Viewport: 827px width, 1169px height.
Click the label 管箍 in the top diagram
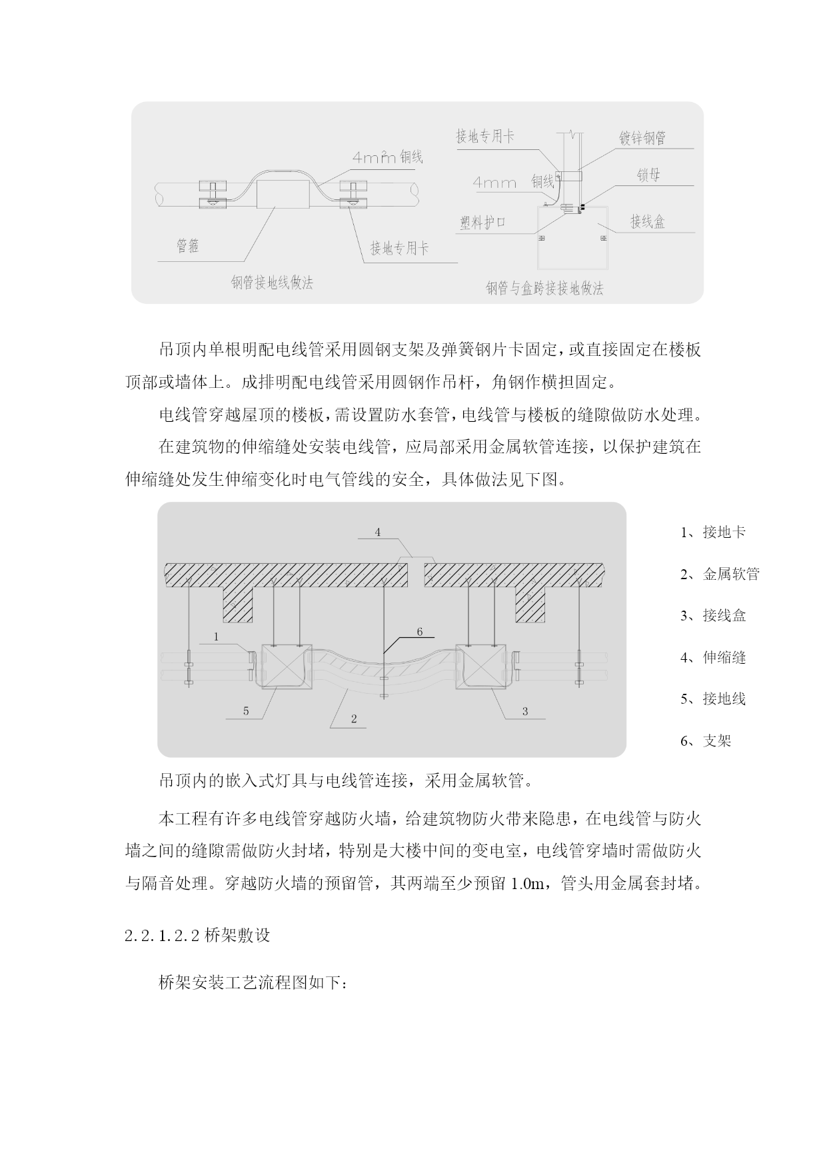click(187, 247)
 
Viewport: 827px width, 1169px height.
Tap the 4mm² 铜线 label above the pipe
click(387, 157)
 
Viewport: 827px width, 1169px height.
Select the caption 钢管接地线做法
click(272, 283)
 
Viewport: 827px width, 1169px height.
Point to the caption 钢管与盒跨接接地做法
click(544, 289)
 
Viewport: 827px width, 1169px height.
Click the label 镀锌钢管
click(642, 139)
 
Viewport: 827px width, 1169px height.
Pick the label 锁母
click(648, 176)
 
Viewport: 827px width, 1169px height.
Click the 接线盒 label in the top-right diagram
click(648, 221)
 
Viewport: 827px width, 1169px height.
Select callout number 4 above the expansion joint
click(378, 532)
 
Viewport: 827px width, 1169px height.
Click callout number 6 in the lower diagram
click(420, 632)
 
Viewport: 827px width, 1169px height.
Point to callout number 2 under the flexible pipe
click(354, 718)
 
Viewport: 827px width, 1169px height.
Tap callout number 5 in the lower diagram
click(246, 711)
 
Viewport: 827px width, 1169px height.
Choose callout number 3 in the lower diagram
click(525, 711)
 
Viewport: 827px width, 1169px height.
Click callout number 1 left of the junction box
click(217, 637)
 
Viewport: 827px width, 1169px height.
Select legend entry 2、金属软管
click(720, 575)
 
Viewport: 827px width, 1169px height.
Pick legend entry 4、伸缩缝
click(713, 658)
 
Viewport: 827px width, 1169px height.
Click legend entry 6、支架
click(706, 741)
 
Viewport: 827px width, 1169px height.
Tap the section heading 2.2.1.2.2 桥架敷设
click(197, 935)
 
